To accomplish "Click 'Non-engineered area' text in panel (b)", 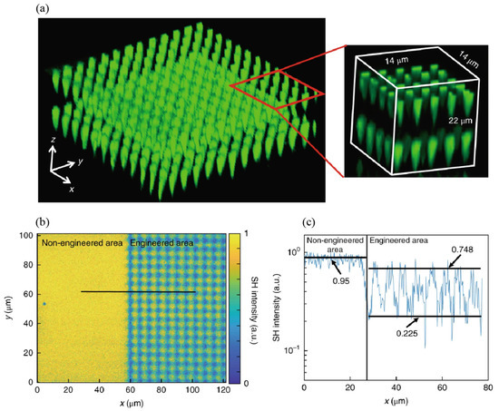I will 80,244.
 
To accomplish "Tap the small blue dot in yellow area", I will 43,304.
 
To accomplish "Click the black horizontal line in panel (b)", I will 136,291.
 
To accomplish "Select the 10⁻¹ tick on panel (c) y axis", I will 289,350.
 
